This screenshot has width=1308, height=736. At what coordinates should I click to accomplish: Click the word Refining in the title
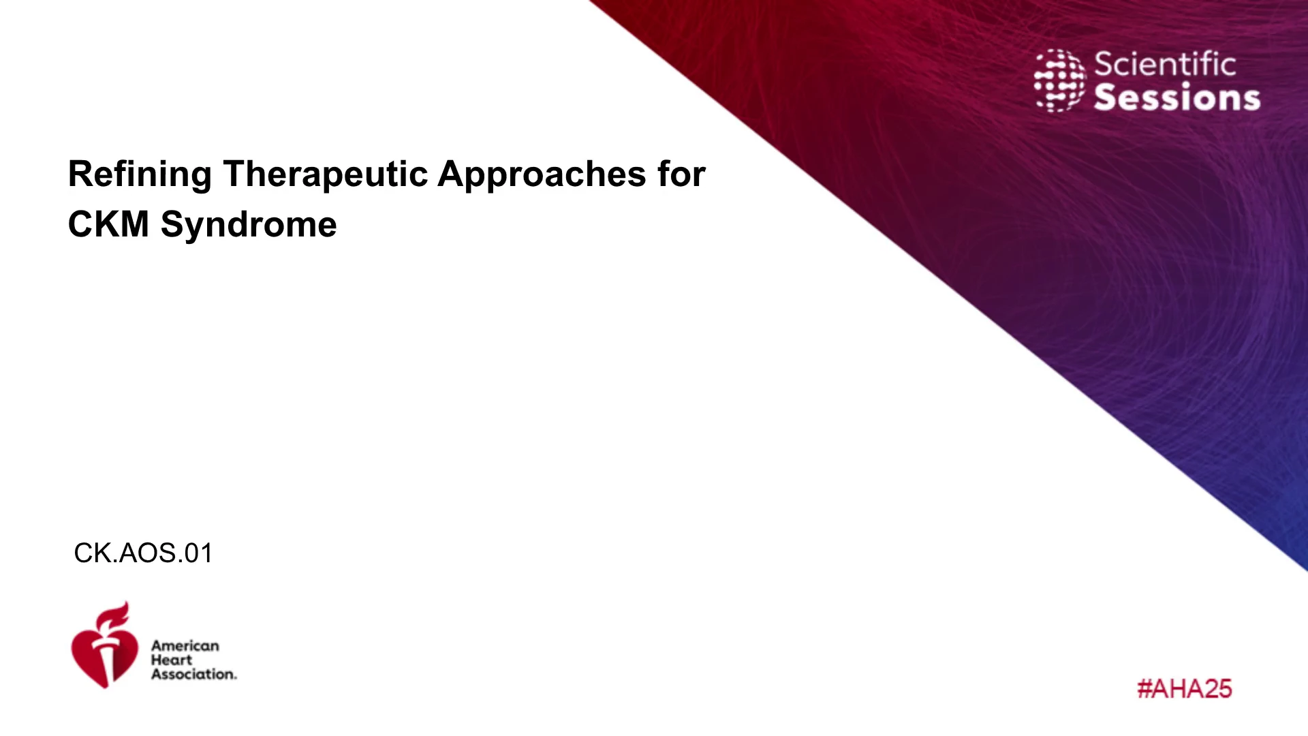point(140,174)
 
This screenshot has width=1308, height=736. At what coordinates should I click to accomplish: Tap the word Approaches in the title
point(542,174)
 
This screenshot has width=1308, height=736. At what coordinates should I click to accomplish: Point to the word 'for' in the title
point(681,174)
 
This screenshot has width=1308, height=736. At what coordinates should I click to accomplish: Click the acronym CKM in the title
point(108,224)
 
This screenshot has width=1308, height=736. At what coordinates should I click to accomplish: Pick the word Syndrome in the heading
point(249,225)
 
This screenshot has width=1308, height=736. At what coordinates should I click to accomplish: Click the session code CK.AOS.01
point(143,553)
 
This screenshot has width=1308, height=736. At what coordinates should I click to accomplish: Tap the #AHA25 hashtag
point(1185,689)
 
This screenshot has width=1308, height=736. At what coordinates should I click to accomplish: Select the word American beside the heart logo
point(185,645)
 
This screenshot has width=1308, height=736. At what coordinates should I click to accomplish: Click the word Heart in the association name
point(172,660)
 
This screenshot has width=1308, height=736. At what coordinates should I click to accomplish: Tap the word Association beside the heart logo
point(194,674)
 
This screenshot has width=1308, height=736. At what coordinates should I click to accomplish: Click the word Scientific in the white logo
point(1165,65)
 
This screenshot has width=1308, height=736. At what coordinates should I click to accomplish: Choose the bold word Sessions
point(1177,97)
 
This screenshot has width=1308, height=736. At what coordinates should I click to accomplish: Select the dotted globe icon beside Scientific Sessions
point(1060,80)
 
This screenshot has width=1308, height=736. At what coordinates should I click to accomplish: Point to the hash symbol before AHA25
point(1144,689)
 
